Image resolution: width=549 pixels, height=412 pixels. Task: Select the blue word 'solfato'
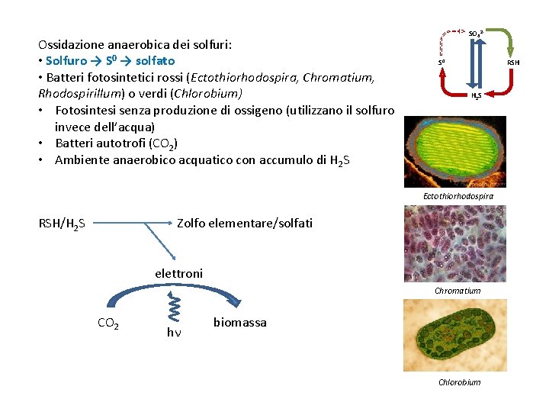click(x=155, y=60)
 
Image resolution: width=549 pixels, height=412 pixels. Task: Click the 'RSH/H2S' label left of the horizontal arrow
click(x=62, y=224)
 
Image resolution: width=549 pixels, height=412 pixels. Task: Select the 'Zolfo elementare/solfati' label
click(x=244, y=223)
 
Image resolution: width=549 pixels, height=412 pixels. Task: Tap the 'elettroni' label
click(x=178, y=273)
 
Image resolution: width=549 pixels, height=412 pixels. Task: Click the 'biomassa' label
click(x=239, y=323)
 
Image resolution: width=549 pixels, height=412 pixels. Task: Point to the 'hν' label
click(x=174, y=332)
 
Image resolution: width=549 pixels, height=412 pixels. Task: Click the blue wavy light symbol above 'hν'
click(x=175, y=309)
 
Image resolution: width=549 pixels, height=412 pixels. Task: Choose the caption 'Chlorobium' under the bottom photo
click(x=459, y=382)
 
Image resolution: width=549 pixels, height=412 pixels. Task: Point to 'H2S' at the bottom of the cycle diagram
click(x=475, y=97)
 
